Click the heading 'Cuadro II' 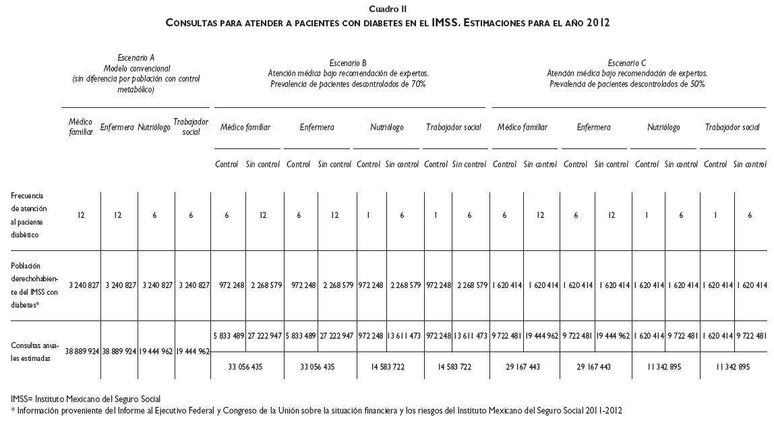pos(388,9)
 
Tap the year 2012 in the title pos(597,22)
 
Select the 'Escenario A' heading pos(136,58)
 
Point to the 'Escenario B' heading pos(348,63)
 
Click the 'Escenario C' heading pos(626,63)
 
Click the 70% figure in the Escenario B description pos(417,84)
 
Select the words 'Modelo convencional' pos(137,68)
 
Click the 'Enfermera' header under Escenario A pos(117,127)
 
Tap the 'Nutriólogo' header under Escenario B pos(387,127)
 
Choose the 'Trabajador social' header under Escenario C pos(732,127)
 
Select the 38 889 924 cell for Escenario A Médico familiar pos(82,352)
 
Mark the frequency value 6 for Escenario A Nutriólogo pos(155,215)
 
